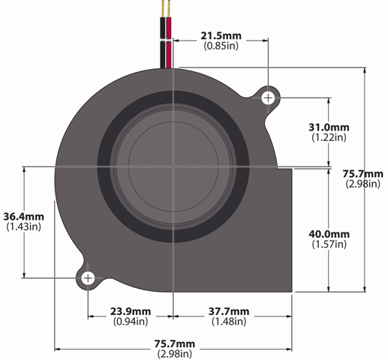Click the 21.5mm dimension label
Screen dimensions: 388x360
(221, 36)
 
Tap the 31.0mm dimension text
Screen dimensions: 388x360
(329, 127)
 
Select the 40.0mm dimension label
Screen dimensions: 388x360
(329, 234)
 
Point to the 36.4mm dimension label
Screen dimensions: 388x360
(23, 217)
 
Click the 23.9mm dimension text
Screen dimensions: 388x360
(131, 311)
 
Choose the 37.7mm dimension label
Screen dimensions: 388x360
(229, 311)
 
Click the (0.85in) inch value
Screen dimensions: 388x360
(221, 46)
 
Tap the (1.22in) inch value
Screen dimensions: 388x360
(329, 137)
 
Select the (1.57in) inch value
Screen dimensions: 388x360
(329, 244)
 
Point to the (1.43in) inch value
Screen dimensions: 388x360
(23, 226)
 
